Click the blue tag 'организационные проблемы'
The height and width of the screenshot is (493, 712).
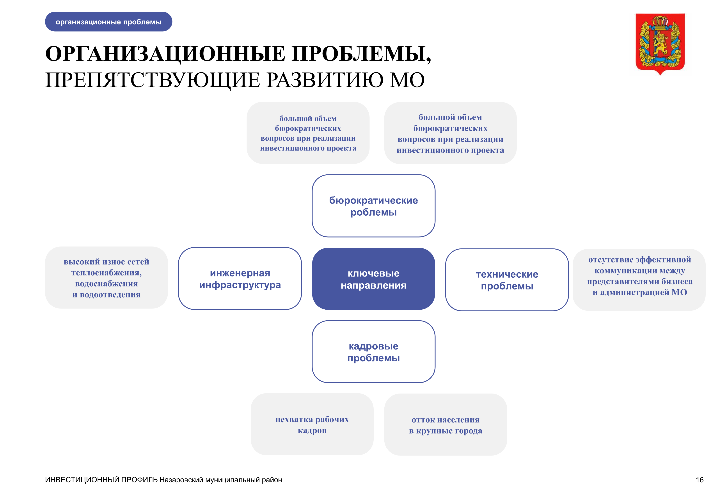[108, 22]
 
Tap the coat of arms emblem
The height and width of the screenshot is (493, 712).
[660, 44]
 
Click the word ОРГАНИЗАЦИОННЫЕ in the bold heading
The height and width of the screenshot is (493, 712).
[165, 54]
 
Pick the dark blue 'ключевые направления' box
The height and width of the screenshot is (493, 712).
[373, 279]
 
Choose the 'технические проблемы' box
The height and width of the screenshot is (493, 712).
[507, 280]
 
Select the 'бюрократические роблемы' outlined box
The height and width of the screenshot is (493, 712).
[373, 206]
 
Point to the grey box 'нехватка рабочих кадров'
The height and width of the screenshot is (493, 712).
[312, 424]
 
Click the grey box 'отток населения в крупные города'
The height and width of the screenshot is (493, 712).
[446, 425]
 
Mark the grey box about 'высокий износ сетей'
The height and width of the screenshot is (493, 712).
[107, 278]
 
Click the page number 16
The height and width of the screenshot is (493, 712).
[700, 480]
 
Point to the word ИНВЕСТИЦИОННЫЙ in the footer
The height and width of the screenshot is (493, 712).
[82, 480]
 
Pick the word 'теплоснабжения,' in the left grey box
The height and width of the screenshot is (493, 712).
[107, 273]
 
